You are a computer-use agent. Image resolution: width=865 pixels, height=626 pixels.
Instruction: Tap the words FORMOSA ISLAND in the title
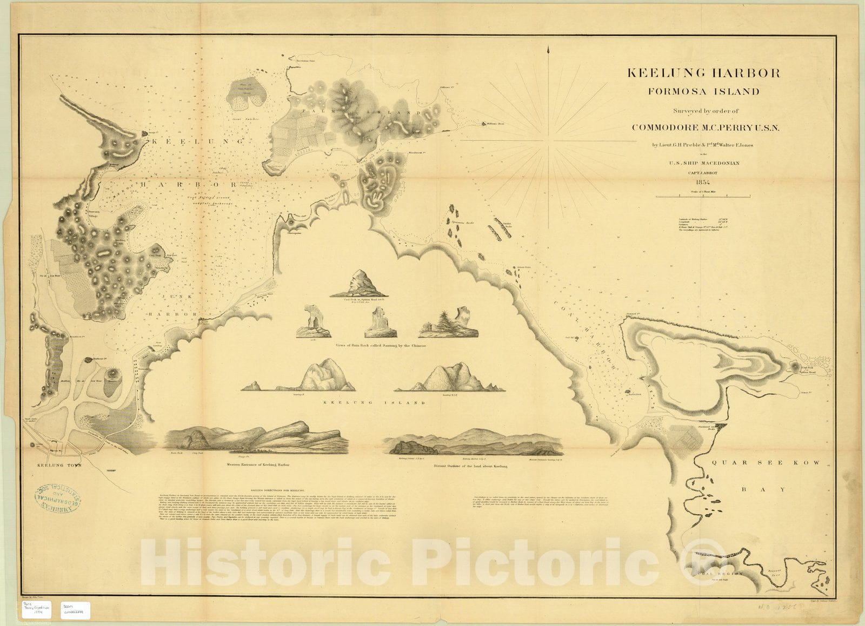pyautogui.click(x=703, y=91)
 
